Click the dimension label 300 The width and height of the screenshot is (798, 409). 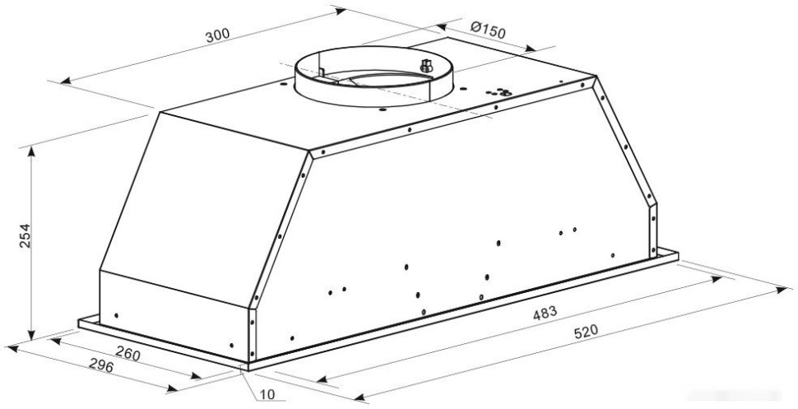(217, 35)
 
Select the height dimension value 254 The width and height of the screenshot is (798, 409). (25, 236)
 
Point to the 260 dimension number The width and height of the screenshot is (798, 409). (128, 353)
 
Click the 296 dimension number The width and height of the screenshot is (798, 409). (101, 365)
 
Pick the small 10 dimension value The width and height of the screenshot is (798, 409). (267, 395)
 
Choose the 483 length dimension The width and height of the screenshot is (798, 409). (545, 314)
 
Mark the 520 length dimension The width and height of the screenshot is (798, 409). (586, 332)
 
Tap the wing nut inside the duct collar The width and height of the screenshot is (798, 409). (426, 66)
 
